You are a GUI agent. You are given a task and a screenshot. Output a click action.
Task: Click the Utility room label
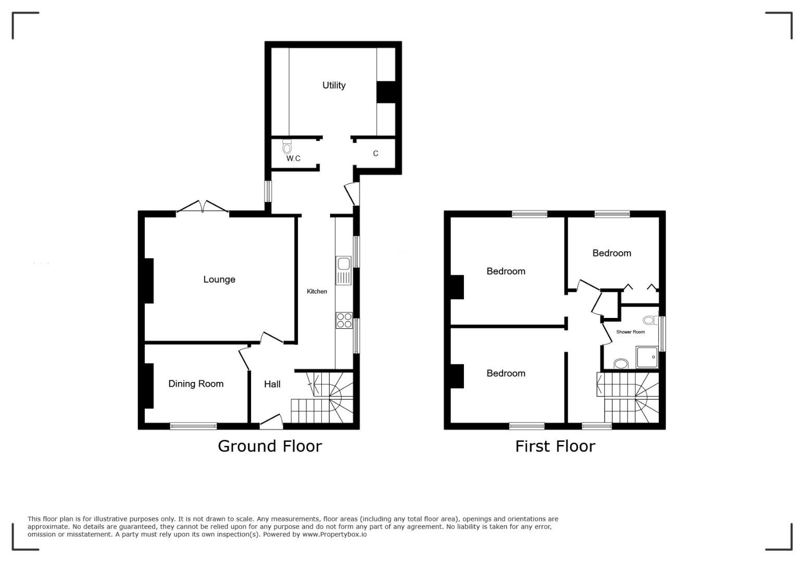point(334,85)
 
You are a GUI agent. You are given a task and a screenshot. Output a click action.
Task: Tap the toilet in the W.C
point(287,146)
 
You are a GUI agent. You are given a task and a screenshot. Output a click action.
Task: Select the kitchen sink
point(344,271)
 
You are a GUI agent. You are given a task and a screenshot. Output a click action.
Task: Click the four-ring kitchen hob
point(344,320)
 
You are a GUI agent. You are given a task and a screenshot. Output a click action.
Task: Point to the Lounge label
point(219,279)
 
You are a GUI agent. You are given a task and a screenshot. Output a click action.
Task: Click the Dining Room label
point(196,384)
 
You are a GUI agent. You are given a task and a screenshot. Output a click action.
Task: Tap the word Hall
point(272,385)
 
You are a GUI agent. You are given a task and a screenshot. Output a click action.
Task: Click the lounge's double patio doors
point(203,207)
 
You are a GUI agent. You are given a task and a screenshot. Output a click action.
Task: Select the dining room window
point(194,426)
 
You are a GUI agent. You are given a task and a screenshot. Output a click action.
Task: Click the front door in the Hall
point(272,421)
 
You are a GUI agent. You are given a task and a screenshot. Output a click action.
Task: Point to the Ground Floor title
point(270,446)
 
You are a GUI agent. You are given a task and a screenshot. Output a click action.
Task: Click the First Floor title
point(555,446)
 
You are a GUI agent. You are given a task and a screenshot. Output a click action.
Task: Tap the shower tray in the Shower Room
point(647,357)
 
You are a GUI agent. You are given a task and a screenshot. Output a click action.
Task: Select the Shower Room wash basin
point(621,364)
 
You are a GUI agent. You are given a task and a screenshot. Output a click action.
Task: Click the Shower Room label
point(630,332)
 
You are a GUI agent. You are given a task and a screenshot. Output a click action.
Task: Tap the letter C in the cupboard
point(375,154)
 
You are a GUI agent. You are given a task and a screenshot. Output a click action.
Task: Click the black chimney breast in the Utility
point(386,93)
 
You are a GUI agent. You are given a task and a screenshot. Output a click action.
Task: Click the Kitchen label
point(317,291)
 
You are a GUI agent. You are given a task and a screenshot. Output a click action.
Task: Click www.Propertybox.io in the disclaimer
point(334,534)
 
